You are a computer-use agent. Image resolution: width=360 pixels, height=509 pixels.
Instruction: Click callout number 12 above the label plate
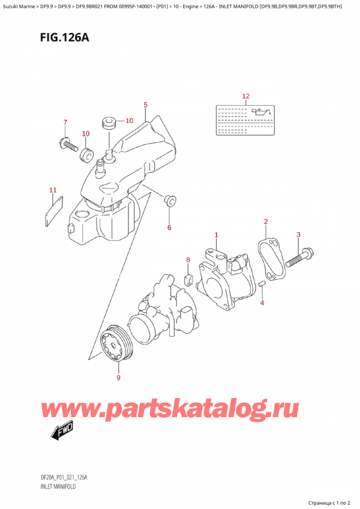pos(245,96)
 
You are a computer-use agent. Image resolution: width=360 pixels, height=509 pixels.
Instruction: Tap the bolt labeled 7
pos(67,144)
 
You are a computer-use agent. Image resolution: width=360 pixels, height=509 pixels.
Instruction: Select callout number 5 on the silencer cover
pos(145,106)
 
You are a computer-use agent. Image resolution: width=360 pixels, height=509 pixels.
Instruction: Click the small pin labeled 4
pos(262,284)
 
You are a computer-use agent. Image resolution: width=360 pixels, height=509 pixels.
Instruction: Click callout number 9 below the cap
pos(118,378)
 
